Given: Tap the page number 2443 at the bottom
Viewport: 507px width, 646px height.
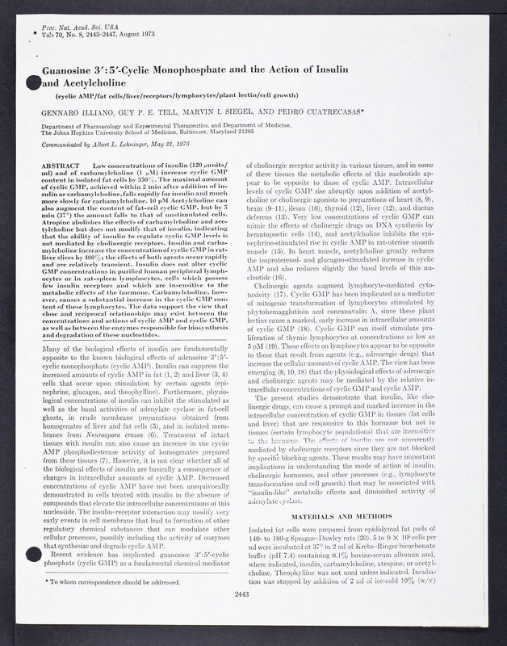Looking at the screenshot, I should (x=253, y=618).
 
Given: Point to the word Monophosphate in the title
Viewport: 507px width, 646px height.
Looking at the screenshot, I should (x=213, y=69).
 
